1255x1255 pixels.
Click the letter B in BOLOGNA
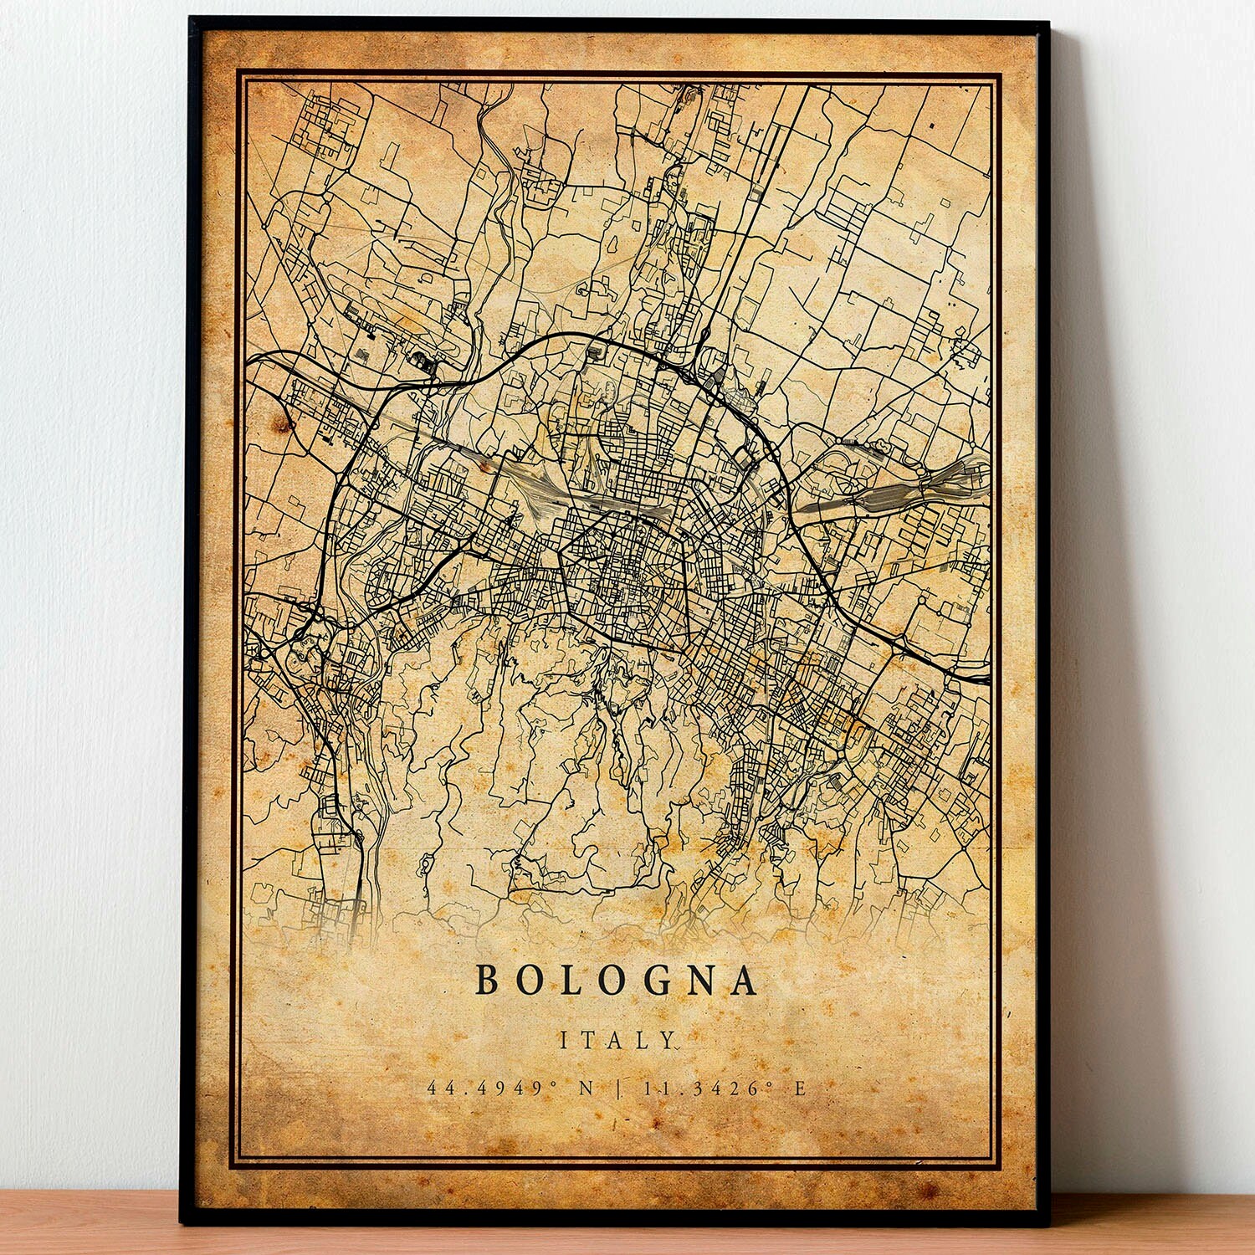pos(487,981)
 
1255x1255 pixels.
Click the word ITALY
pos(617,1040)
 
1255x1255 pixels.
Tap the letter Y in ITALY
pos(666,1040)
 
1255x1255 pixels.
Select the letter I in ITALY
pos(564,1040)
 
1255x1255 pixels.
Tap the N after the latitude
pos(586,1089)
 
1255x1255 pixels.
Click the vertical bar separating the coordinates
pos(618,1089)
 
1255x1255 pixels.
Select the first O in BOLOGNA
pos(529,981)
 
